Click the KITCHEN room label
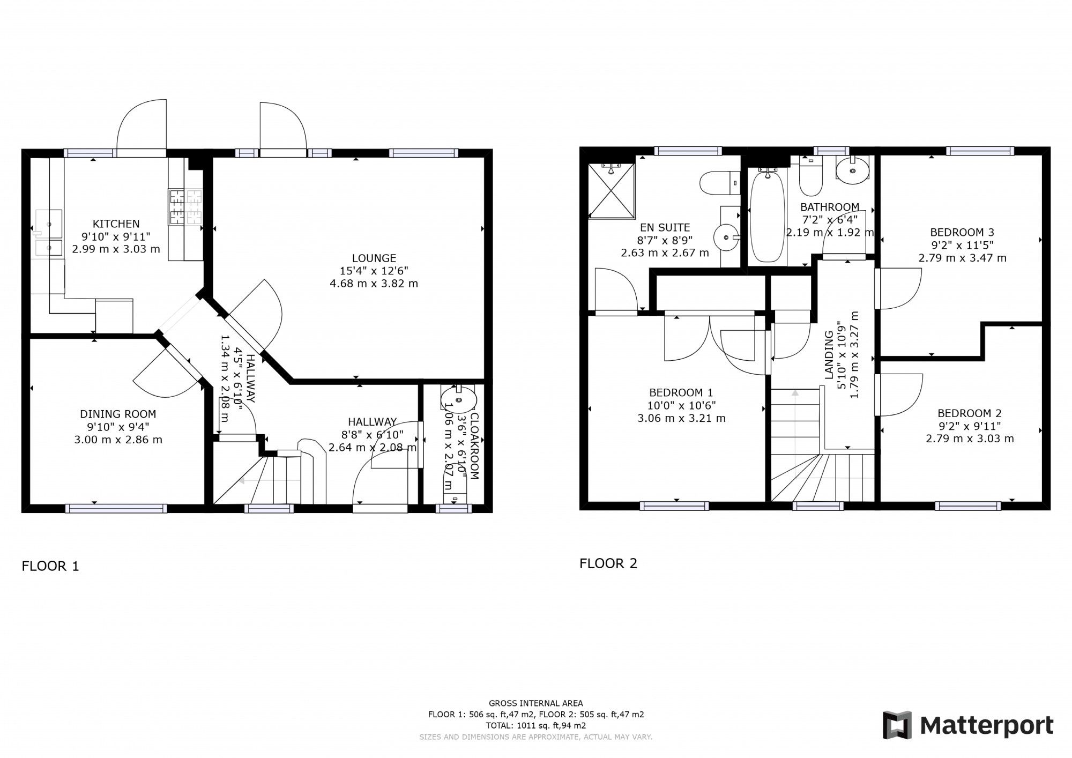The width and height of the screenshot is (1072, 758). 116,224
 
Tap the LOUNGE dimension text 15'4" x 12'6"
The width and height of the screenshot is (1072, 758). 374,271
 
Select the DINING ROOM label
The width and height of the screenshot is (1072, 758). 118,414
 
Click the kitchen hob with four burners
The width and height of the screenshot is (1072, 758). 185,207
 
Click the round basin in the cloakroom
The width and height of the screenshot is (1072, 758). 458,399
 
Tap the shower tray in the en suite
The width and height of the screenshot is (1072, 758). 611,191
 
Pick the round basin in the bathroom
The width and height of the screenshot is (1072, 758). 852,171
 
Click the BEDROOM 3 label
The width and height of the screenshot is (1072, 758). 962,232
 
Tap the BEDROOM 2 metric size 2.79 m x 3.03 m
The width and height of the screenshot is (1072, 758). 970,439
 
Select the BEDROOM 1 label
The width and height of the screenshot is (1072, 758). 681,392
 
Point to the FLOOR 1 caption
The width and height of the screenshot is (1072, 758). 50,566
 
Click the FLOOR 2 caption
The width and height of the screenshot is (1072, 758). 608,563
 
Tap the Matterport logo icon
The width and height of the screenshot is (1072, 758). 897,725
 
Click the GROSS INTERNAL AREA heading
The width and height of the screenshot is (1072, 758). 535,703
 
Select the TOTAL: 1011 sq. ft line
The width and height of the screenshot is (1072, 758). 535,725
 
